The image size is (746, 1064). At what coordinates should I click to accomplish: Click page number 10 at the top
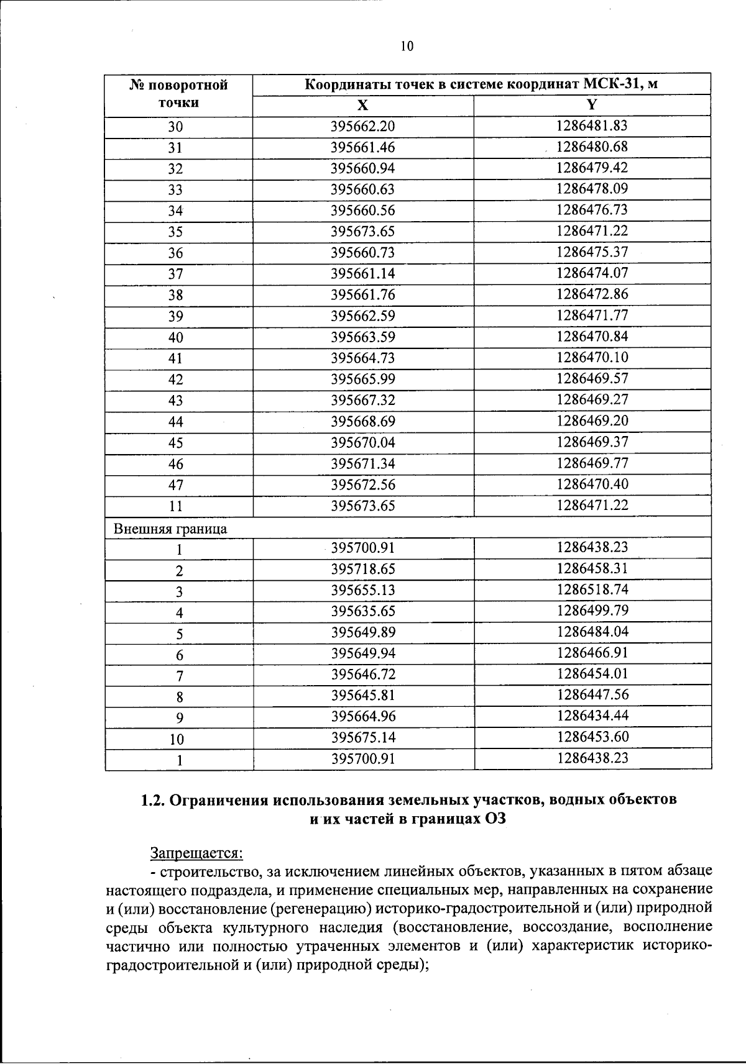[x=407, y=47]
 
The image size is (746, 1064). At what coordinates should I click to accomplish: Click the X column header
[x=362, y=105]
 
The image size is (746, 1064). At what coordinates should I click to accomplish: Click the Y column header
[x=592, y=104]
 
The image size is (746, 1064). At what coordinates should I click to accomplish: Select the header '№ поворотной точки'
[x=178, y=94]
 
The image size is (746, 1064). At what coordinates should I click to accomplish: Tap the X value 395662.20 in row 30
[x=362, y=127]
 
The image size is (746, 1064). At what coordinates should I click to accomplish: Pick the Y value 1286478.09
[x=592, y=188]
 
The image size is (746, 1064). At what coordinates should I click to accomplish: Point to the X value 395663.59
[x=362, y=337]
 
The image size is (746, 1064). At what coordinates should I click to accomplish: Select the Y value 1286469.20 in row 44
[x=592, y=421]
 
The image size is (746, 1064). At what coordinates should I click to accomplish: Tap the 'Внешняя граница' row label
[x=170, y=529]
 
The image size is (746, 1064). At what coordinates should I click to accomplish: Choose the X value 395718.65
[x=362, y=569]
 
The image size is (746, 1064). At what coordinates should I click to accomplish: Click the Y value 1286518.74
[x=592, y=589]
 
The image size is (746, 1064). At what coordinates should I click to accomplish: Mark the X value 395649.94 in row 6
[x=362, y=653]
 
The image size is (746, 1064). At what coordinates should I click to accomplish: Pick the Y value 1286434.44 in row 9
[x=592, y=716]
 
